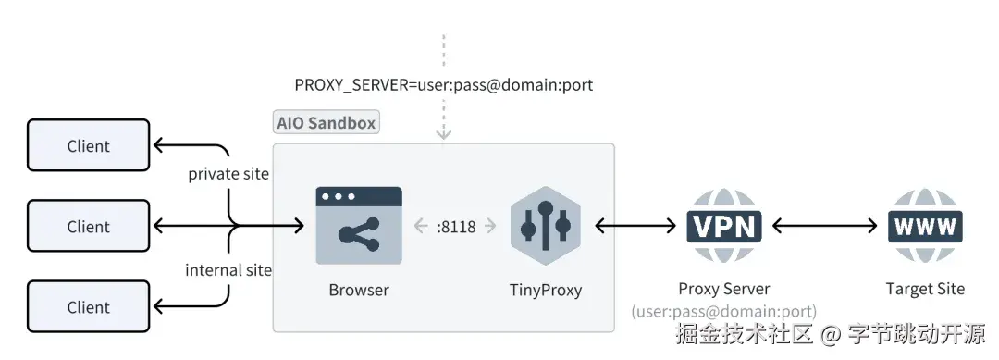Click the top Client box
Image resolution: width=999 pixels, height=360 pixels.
pos(88,145)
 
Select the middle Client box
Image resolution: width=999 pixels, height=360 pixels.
pos(88,227)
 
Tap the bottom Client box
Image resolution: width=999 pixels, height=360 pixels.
pos(88,307)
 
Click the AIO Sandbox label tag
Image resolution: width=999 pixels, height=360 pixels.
pos(327,123)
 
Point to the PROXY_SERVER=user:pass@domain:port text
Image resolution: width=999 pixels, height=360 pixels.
pos(443,84)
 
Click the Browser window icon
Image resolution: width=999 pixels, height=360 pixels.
pos(359,226)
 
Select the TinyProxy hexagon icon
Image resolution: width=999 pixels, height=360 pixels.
pos(545,226)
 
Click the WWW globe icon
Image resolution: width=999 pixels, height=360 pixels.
pos(924,226)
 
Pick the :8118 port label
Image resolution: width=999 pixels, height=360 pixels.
pos(456,227)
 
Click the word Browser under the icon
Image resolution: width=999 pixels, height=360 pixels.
pos(359,290)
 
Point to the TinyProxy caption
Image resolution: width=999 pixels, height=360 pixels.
pos(546,290)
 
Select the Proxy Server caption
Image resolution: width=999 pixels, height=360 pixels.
pos(723,289)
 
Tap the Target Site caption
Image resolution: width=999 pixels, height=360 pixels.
pos(924,289)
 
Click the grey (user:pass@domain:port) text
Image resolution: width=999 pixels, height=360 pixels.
pos(723,312)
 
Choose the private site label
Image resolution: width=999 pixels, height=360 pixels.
pos(228,173)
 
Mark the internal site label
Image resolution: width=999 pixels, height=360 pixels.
pos(228,270)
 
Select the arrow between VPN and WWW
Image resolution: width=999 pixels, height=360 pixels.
pos(824,226)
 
